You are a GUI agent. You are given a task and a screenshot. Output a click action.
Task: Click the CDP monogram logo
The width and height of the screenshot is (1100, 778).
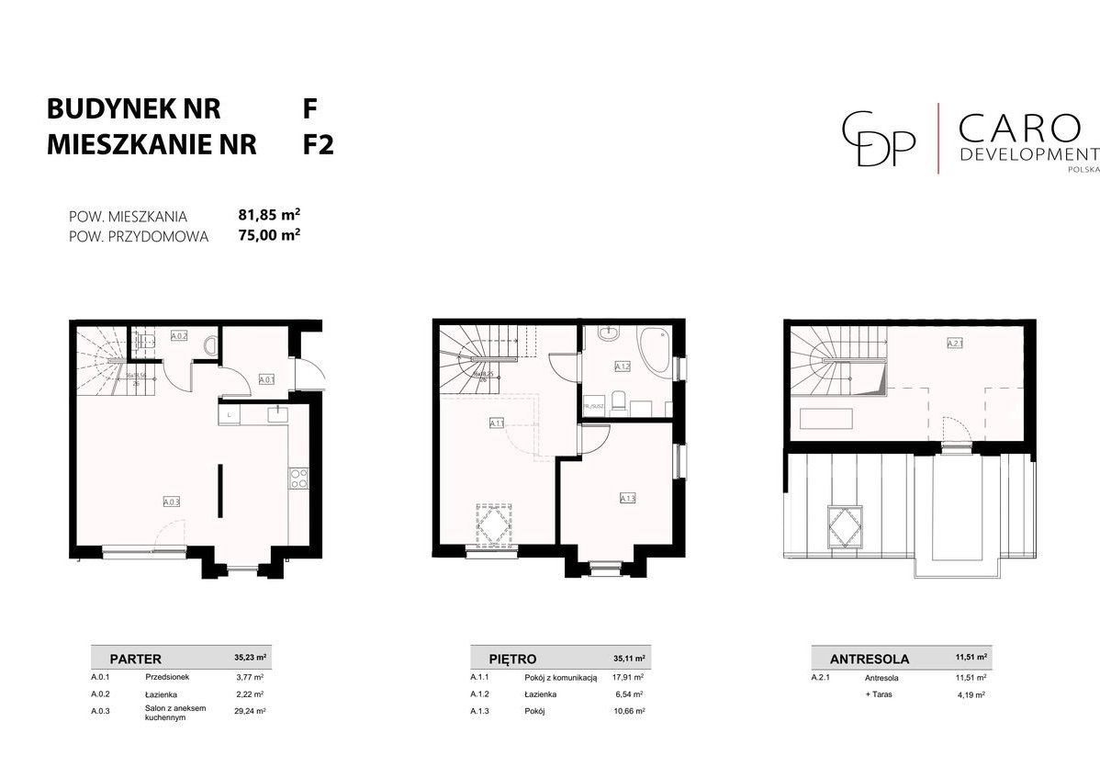880,138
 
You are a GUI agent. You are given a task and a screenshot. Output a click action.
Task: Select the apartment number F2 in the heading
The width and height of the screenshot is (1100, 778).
318,145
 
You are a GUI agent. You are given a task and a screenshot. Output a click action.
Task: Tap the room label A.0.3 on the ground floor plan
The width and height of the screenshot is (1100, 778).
172,502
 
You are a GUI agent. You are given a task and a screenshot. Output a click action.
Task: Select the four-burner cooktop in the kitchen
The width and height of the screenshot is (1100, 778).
299,478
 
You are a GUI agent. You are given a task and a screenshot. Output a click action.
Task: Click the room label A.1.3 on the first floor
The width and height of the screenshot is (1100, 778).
628,498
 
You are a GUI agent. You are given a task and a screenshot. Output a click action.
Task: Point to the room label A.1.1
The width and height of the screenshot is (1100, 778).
497,423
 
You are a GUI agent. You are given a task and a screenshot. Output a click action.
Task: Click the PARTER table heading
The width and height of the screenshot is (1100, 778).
135,659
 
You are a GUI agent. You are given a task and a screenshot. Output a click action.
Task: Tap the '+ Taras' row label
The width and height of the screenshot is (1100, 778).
879,694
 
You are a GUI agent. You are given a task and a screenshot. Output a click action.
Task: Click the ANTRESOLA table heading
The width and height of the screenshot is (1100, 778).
869,659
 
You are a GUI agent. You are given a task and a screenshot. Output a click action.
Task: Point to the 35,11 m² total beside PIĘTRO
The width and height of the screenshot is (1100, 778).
628,659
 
